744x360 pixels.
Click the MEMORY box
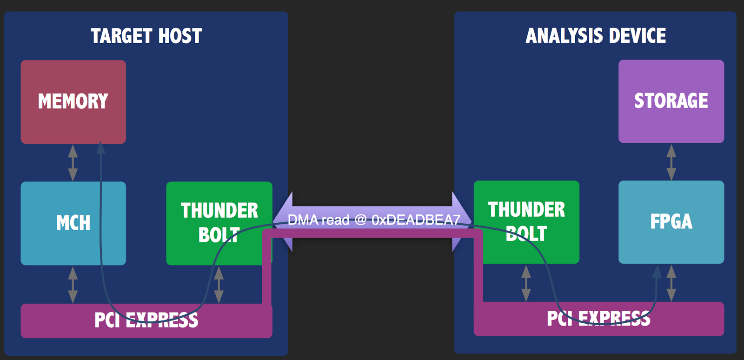tap(73, 101)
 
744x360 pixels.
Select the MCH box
tap(73, 223)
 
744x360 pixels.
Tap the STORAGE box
tap(671, 101)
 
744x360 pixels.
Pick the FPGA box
tap(671, 222)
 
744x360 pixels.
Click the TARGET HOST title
tap(146, 36)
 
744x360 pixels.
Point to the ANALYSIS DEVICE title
tap(596, 35)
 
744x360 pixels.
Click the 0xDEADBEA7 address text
tap(416, 220)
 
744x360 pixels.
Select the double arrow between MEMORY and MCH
tap(73, 162)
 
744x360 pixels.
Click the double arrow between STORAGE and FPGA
tap(671, 162)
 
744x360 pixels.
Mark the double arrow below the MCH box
tap(73, 284)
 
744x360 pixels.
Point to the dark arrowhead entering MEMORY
tap(100, 148)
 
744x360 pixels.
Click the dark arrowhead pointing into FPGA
tap(657, 272)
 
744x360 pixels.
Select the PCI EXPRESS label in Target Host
tap(146, 320)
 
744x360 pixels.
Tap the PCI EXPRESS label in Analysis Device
tap(598, 319)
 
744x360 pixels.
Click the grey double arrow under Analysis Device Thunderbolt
tap(526, 283)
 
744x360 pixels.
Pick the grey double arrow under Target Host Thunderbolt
tap(219, 284)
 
